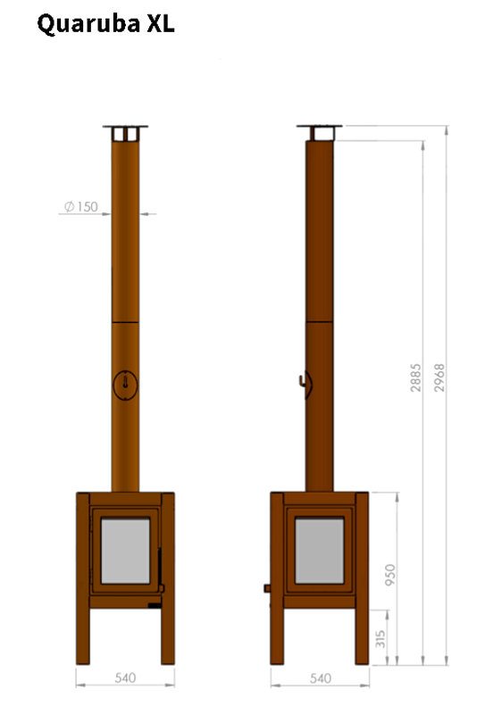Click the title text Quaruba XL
coord(105,26)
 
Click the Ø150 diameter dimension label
coord(80,207)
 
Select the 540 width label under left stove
coord(125,678)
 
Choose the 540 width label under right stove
coord(319,678)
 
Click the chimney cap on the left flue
coord(125,131)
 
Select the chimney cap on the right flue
coord(320,131)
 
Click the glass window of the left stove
coord(125,552)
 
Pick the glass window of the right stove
coord(320,552)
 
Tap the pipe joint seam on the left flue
coord(125,320)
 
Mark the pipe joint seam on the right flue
coord(320,320)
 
